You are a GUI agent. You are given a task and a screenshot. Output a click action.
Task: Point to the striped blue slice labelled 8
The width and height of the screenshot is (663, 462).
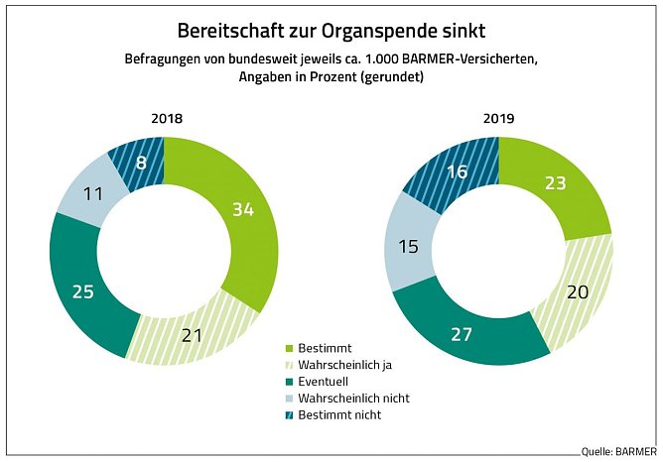[141, 161]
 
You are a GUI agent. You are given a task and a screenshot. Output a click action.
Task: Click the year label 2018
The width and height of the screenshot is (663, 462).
[167, 118]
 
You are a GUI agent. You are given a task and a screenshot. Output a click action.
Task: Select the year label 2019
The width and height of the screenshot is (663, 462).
[499, 118]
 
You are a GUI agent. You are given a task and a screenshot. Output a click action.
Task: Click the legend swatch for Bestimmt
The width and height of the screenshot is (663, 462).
[290, 348]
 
